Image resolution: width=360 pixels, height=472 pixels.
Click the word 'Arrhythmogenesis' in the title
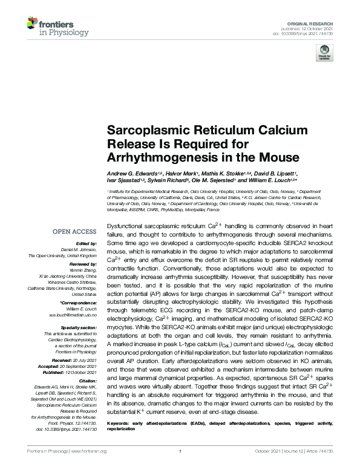[x=154, y=158]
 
